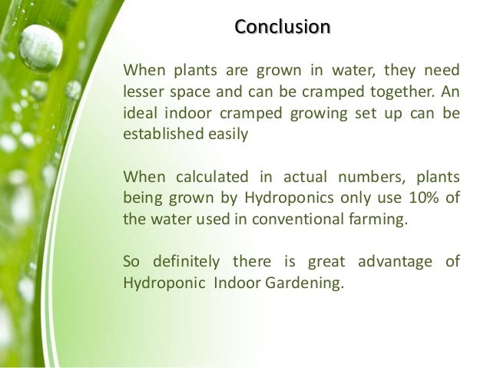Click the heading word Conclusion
tap(282, 28)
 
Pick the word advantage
tap(396, 260)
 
